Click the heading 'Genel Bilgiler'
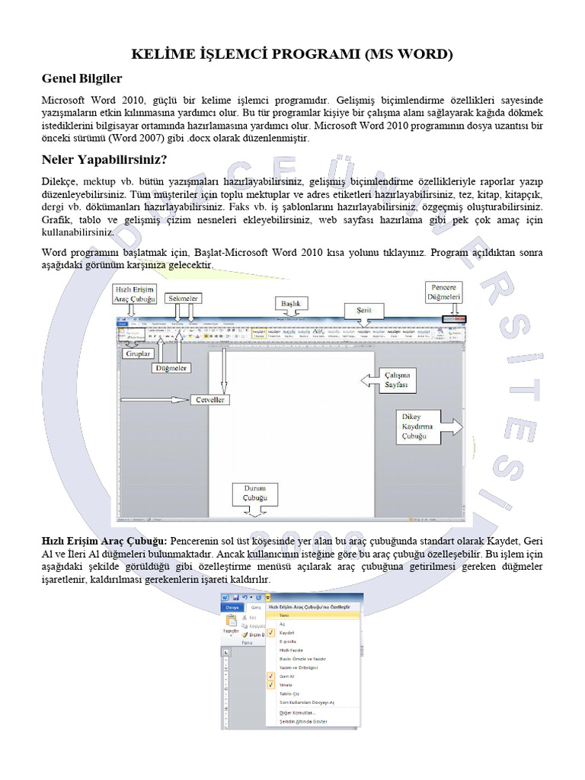[82, 78]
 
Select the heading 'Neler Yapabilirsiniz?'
[104, 160]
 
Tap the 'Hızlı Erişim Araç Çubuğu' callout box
[135, 295]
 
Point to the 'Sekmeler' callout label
[183, 299]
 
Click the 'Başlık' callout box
[292, 304]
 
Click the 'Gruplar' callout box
[137, 353]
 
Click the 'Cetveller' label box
[211, 399]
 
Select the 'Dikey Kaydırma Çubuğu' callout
[418, 427]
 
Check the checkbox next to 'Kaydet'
[270, 633]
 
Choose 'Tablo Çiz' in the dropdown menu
[288, 693]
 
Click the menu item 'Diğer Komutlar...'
[297, 712]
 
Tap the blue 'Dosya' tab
[232, 607]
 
